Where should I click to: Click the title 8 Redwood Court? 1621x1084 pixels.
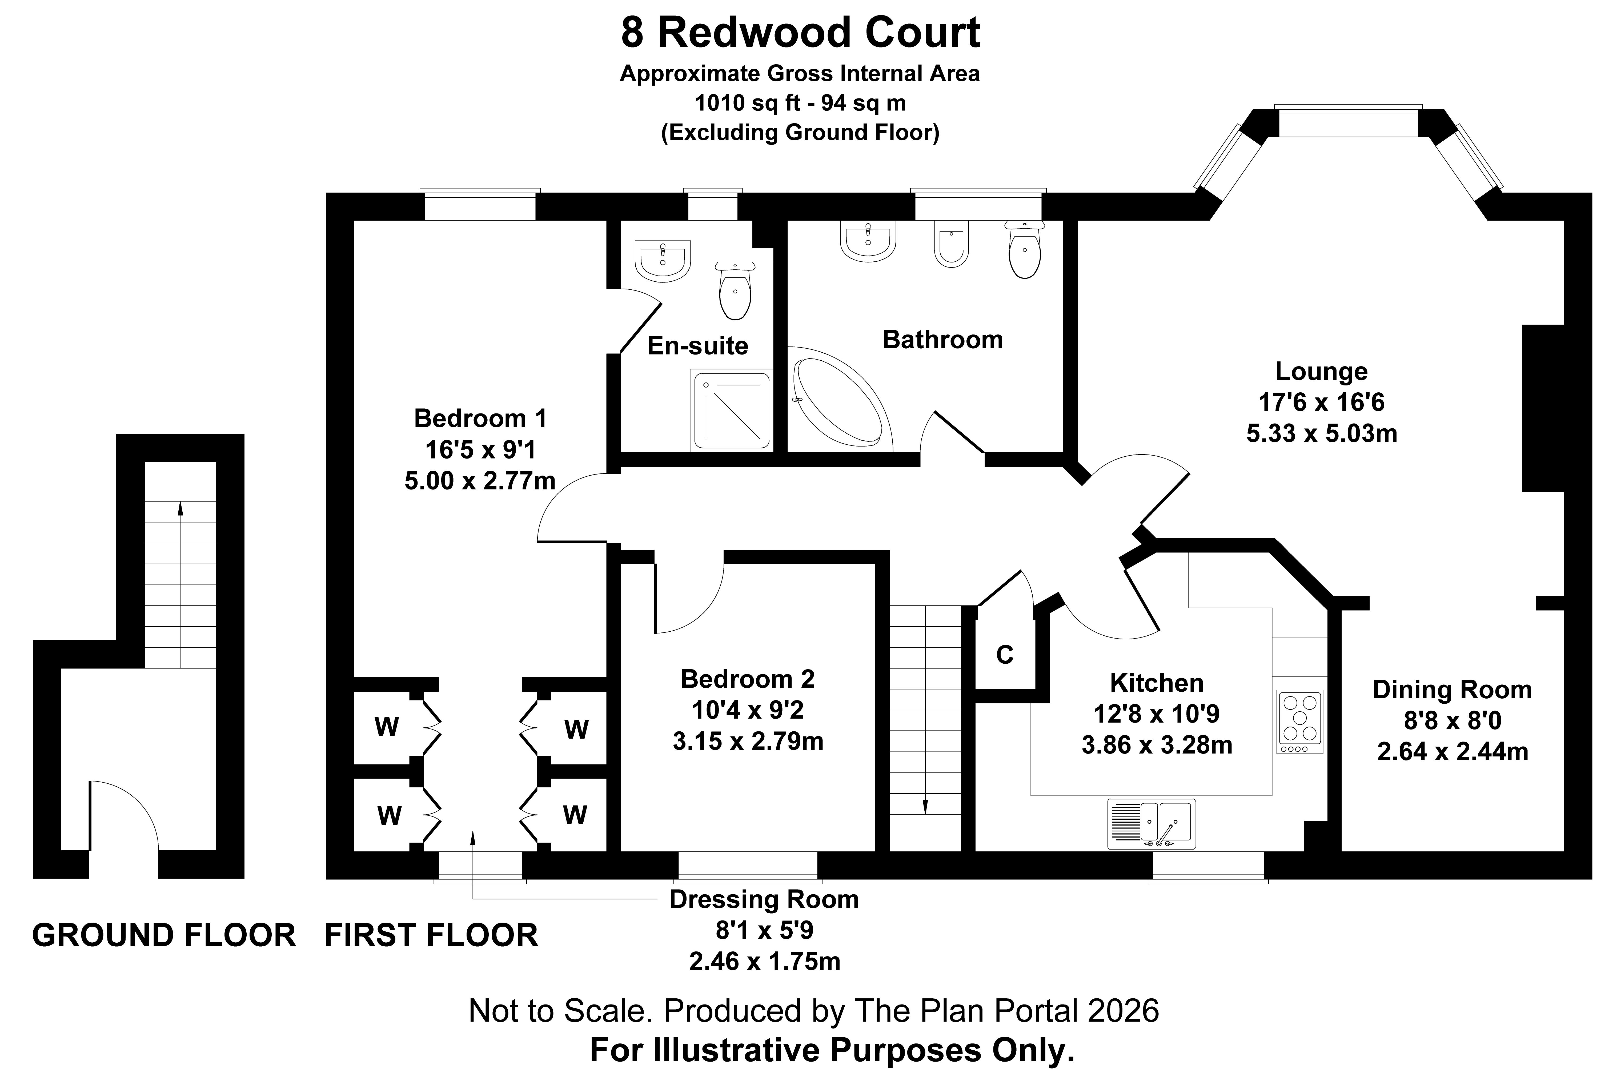coord(800,33)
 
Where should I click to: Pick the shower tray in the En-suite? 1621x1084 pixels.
coord(730,410)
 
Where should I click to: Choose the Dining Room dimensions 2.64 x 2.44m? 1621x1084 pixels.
coord(1453,751)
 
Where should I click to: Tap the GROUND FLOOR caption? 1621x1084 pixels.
coord(164,935)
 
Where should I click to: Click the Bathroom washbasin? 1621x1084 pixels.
coord(868,242)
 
